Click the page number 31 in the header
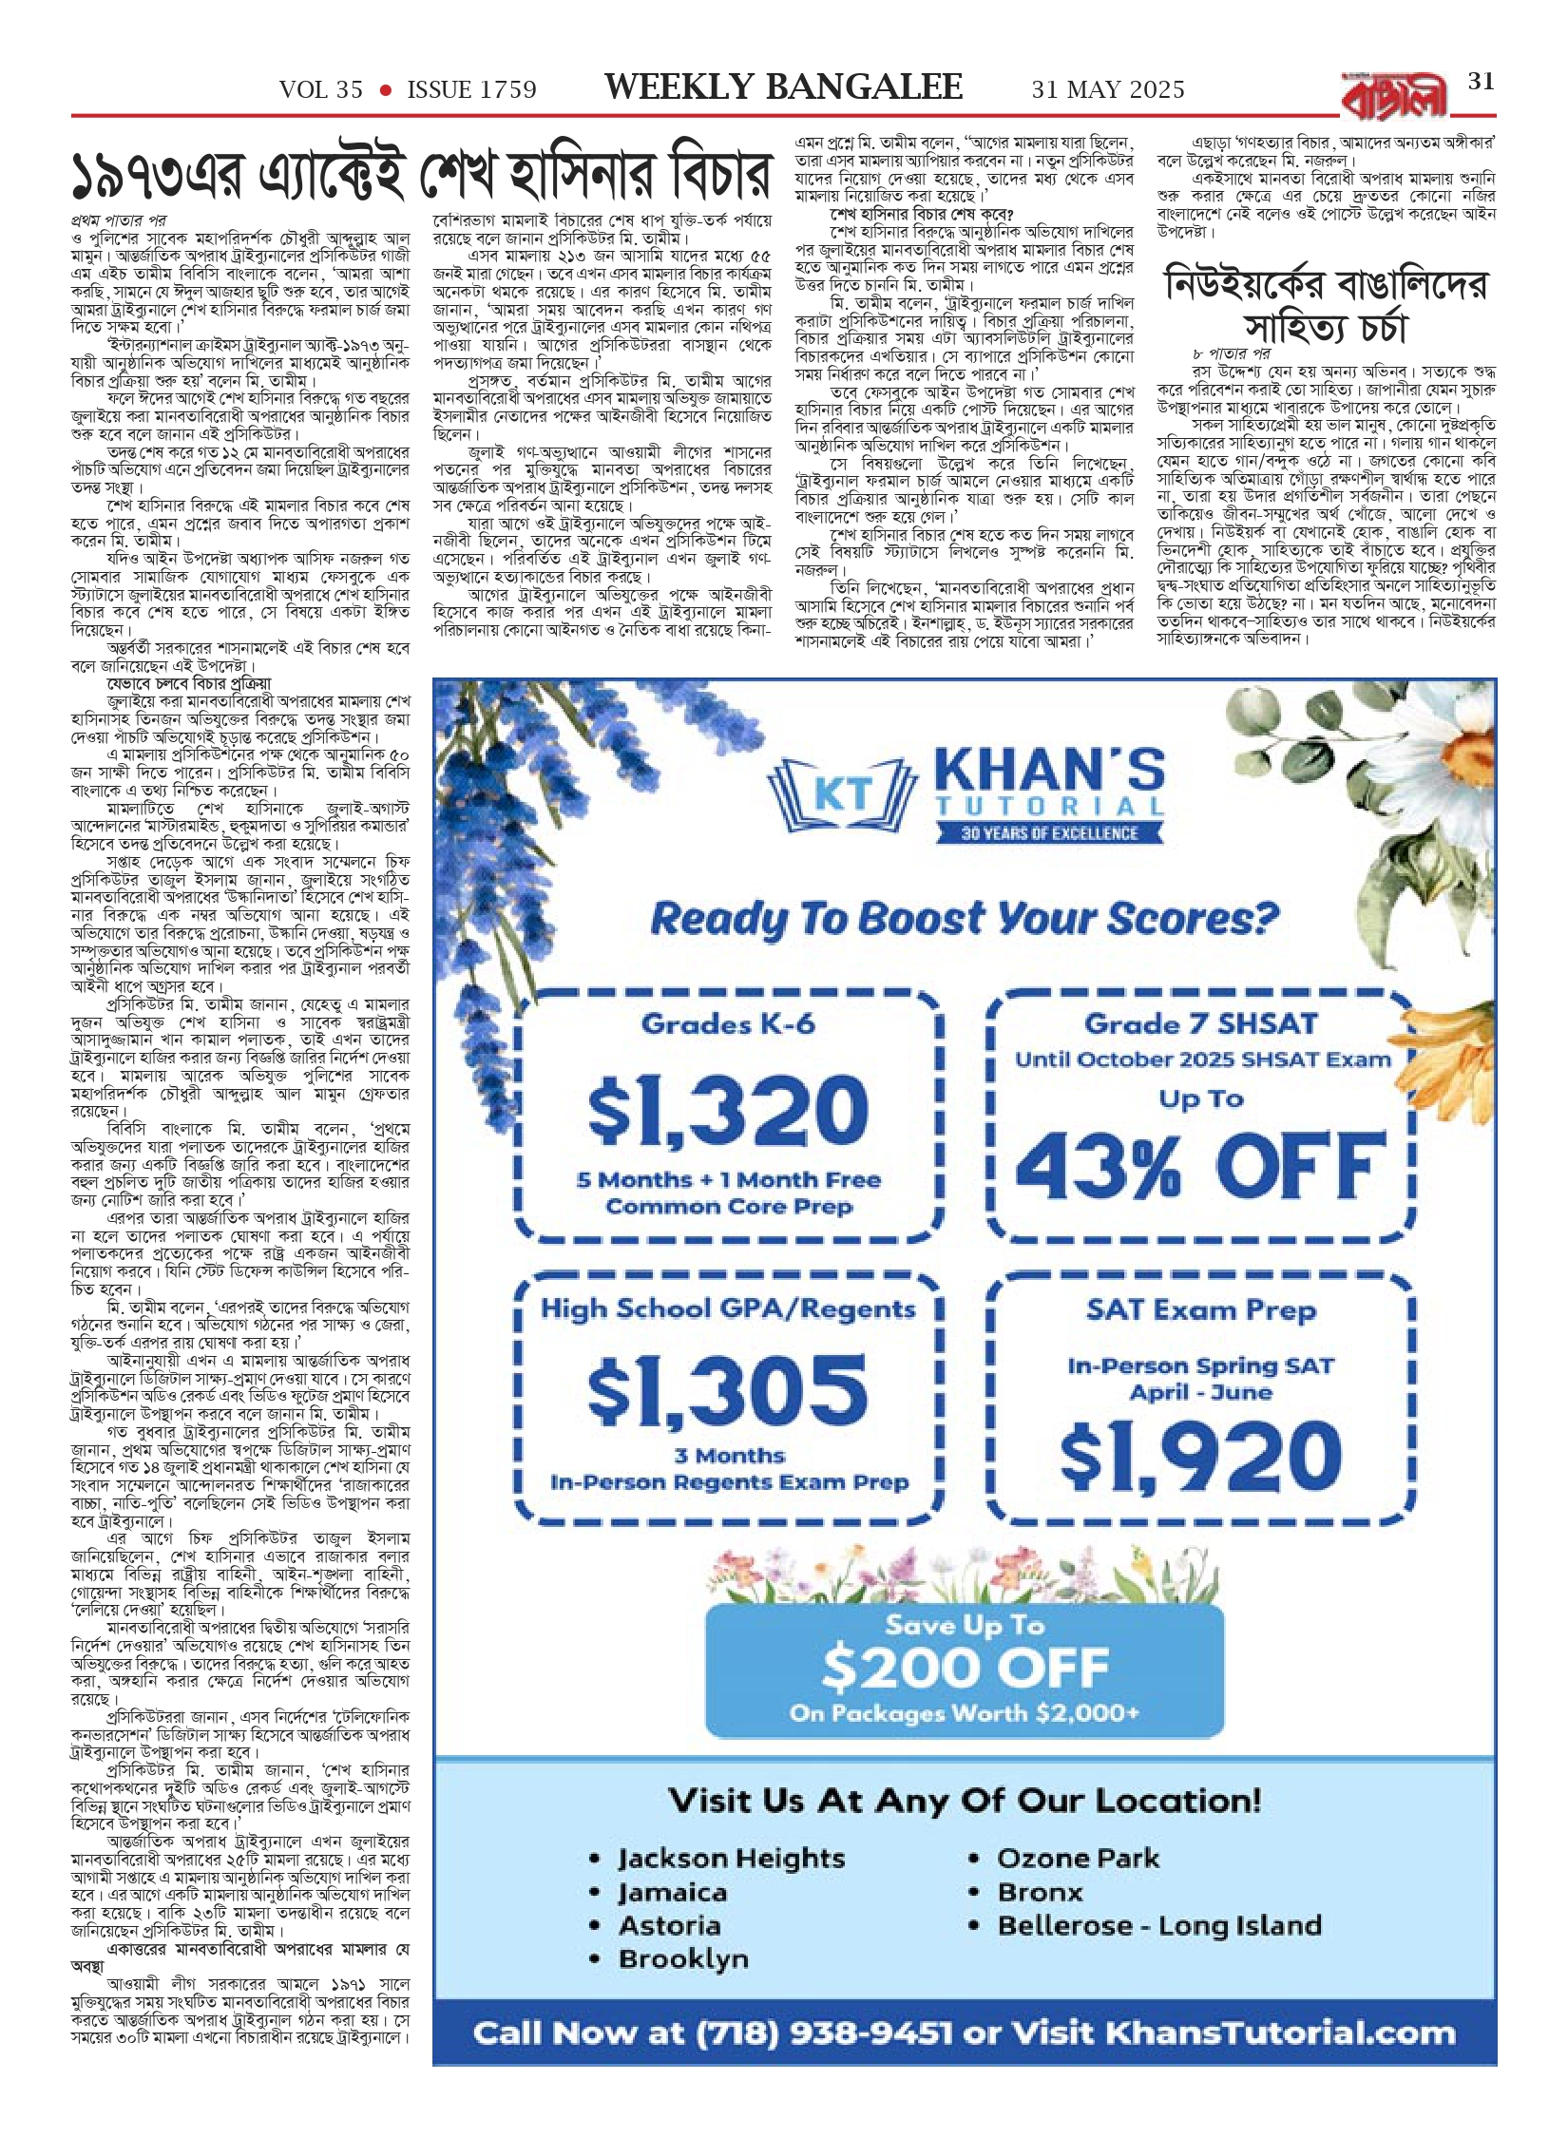point(1482,82)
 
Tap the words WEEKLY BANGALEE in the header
point(783,87)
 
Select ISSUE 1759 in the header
point(471,90)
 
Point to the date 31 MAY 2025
point(1108,90)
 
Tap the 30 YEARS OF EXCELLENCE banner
point(1049,833)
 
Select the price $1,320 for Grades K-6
point(728,1111)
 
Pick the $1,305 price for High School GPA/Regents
point(728,1389)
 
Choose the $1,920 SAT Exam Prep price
point(1201,1456)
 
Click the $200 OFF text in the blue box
point(965,1668)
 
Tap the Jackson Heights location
point(730,1858)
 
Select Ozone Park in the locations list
point(1078,1858)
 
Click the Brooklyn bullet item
point(682,1958)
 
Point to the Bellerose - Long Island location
point(1158,1925)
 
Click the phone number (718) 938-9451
point(823,2033)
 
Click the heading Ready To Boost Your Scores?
point(964,919)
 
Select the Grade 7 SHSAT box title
point(1201,1023)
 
